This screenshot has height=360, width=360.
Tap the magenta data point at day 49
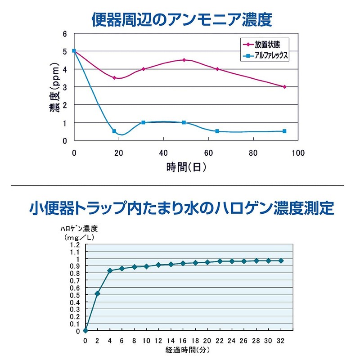(x=184, y=60)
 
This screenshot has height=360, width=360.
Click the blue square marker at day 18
(x=114, y=131)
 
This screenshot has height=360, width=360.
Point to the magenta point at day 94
(x=284, y=87)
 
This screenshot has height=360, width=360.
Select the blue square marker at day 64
(x=217, y=131)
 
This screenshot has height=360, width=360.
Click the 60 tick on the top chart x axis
(x=208, y=153)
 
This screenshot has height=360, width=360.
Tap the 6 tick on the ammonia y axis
(x=65, y=34)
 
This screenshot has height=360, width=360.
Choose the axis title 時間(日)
(x=186, y=168)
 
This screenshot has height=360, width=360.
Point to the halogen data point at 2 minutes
(x=97, y=294)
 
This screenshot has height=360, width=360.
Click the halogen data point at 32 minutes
(x=281, y=261)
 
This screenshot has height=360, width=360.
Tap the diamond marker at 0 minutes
(x=85, y=331)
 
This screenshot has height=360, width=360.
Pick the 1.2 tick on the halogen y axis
(x=75, y=245)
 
